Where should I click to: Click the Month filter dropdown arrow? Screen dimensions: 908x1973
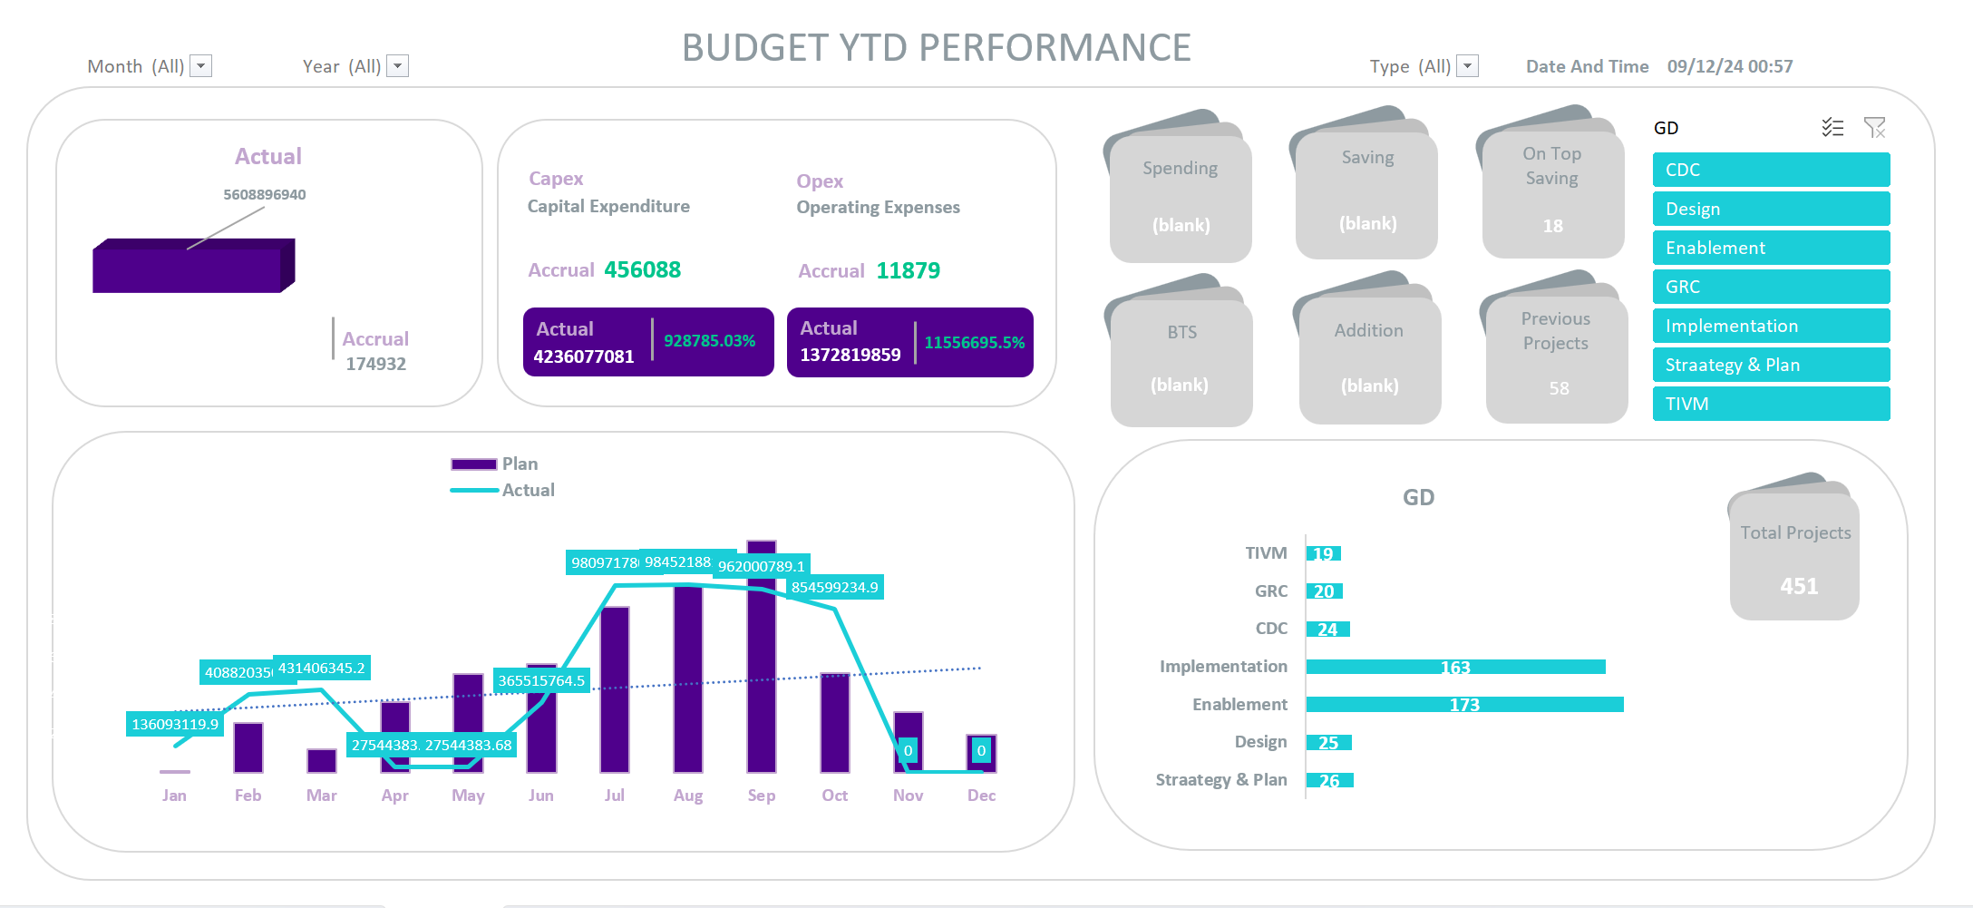click(x=201, y=66)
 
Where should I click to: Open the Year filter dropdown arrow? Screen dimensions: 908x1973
click(x=398, y=66)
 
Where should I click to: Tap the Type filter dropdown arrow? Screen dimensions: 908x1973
click(x=1468, y=66)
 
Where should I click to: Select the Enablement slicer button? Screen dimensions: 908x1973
click(x=1771, y=248)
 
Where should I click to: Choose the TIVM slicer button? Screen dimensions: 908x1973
click(x=1771, y=404)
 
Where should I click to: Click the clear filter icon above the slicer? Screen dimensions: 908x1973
click(x=1874, y=128)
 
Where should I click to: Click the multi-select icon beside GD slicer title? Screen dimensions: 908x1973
click(x=1832, y=128)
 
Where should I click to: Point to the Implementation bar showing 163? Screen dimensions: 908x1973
click(x=1455, y=668)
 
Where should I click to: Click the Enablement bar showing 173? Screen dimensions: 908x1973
click(x=1464, y=705)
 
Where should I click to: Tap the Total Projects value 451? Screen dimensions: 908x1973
click(x=1799, y=587)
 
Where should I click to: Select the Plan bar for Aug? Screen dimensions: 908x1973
click(x=688, y=680)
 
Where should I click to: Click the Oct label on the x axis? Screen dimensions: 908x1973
click(x=834, y=796)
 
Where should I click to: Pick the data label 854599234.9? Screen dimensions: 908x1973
click(x=834, y=588)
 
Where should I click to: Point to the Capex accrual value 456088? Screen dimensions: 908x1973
click(x=642, y=270)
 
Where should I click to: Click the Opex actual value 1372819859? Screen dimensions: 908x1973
click(x=850, y=355)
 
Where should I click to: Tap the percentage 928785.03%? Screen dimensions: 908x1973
click(x=709, y=341)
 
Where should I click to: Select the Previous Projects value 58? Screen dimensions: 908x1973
click(x=1559, y=388)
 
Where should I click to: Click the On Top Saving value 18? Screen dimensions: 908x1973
click(x=1553, y=226)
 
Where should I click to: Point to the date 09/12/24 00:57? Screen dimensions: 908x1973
click(x=1729, y=66)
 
